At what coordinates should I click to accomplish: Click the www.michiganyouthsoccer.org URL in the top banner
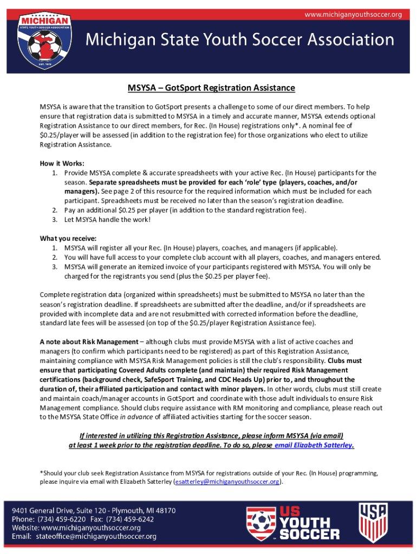click(x=353, y=14)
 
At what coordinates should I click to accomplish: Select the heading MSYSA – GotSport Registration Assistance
click(x=211, y=88)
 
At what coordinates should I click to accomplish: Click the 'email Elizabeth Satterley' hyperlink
click(x=314, y=445)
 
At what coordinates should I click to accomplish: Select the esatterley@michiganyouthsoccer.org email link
click(x=227, y=482)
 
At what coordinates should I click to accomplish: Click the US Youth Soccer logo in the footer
click(x=293, y=523)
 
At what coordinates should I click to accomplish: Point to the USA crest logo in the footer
click(x=374, y=522)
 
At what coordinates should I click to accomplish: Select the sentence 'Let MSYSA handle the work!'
click(x=107, y=220)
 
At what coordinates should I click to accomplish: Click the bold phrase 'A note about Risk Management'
click(x=89, y=342)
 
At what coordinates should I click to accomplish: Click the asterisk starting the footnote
click(x=42, y=472)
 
